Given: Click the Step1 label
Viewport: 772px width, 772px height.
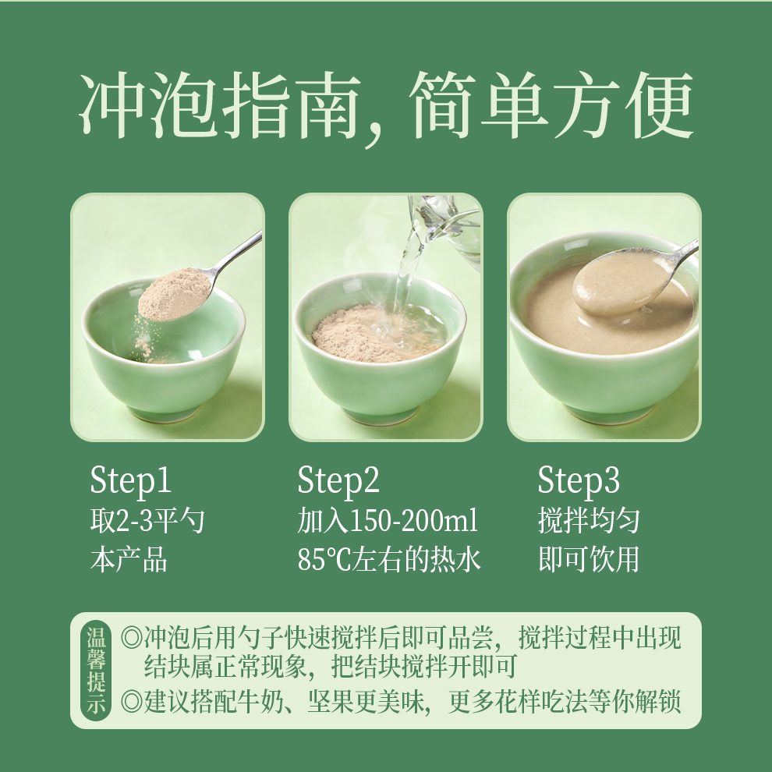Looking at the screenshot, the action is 130,480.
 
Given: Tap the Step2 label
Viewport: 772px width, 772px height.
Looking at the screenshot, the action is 338,480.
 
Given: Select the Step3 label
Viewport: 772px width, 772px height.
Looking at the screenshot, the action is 579,480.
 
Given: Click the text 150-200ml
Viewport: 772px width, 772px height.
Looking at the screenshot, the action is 413,520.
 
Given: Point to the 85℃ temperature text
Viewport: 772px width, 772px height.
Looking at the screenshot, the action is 324,560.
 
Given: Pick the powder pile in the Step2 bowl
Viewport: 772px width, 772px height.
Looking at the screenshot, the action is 355,335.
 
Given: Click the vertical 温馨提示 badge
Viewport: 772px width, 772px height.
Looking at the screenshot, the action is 96,670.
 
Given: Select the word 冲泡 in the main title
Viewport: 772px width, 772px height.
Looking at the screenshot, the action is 147,106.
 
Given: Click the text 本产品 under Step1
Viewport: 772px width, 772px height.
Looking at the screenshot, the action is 129,560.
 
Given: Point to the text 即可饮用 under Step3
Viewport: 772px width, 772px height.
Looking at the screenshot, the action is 589,560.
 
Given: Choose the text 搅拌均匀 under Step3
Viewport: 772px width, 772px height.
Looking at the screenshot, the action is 589,520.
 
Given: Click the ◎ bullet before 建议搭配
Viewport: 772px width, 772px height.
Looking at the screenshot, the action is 131,701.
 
